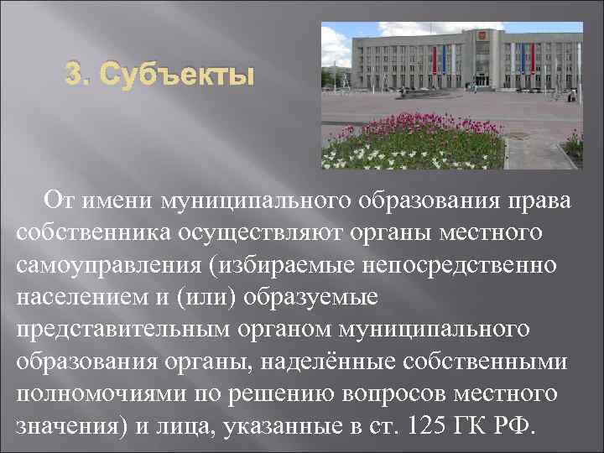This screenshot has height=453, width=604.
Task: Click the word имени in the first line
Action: [x=129, y=200]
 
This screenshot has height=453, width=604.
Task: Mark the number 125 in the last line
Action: [x=425, y=424]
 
